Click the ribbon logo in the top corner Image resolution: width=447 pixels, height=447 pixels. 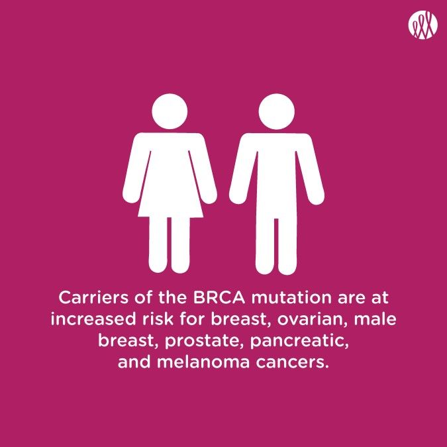(422, 25)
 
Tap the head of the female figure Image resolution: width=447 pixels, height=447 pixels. (170, 111)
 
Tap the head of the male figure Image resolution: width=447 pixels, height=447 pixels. (277, 111)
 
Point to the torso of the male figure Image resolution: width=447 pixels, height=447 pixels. (277, 177)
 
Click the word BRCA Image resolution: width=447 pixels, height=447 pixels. (219, 297)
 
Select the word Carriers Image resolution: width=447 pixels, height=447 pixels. (93, 297)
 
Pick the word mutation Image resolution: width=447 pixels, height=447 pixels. (291, 297)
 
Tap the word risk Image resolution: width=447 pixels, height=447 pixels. (158, 319)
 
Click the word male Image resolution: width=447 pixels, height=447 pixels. (375, 319)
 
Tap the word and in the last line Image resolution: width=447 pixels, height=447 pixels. (134, 362)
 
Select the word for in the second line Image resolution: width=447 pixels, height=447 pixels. (192, 319)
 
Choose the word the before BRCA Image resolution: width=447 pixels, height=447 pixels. (173, 297)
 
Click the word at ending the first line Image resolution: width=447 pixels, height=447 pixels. (380, 298)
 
